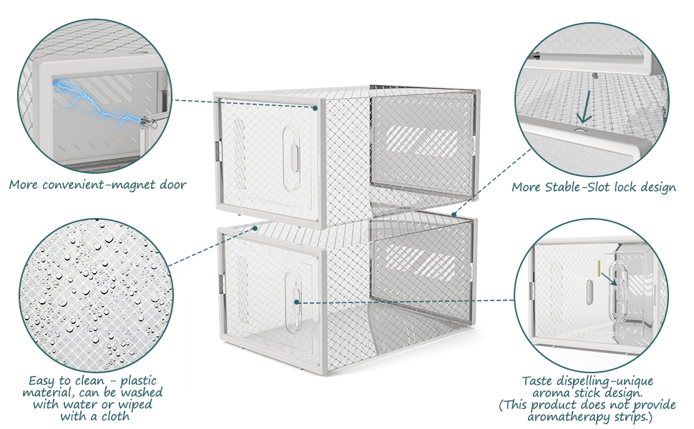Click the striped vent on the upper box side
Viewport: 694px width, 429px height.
click(422, 141)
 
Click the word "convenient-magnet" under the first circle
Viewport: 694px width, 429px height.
click(105, 184)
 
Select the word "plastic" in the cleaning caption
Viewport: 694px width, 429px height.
click(137, 380)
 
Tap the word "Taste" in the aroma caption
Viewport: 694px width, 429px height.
click(538, 381)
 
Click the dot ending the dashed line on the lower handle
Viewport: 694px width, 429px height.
click(296, 302)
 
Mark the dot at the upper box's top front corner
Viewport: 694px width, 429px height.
click(315, 108)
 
